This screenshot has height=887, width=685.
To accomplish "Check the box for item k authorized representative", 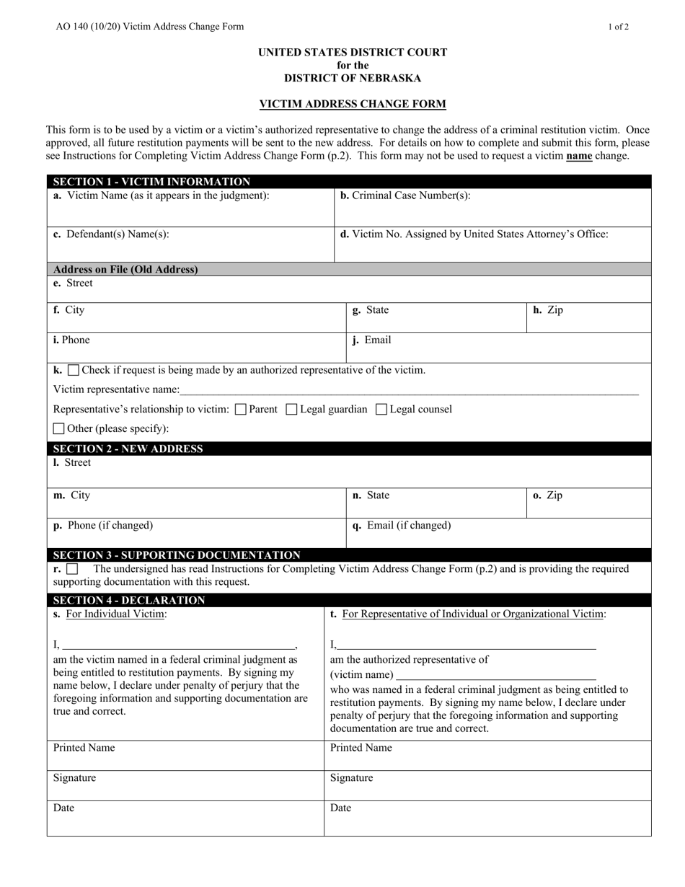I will [x=74, y=371].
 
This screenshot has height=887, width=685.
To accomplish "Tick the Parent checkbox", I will [x=242, y=410].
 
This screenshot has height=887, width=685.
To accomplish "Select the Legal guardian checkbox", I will [x=292, y=410].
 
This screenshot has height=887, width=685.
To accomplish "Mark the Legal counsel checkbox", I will [x=382, y=410].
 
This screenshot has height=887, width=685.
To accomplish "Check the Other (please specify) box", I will [x=59, y=429].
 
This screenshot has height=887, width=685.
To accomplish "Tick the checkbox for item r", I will [x=72, y=570].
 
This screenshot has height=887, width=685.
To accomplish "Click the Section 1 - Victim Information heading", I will [x=152, y=182].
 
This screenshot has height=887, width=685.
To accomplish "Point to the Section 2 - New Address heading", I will [x=128, y=449].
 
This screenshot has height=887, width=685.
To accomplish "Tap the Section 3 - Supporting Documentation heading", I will [x=177, y=555].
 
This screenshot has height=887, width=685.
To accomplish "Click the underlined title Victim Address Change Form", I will [x=353, y=104].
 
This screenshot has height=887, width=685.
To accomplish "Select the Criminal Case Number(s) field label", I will [x=405, y=195].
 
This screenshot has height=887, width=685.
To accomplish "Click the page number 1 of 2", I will [x=618, y=27].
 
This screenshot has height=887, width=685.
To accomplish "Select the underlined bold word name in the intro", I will [x=579, y=155].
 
